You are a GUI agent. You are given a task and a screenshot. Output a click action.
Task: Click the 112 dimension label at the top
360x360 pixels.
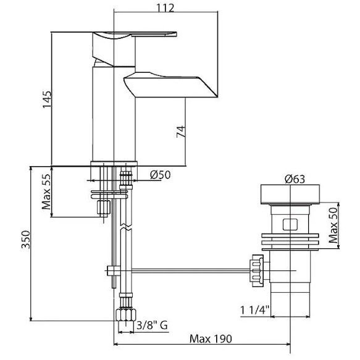(165, 8)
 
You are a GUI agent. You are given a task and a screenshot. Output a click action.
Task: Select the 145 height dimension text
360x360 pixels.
(47, 99)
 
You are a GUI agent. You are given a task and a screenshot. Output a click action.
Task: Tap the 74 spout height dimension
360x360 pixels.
(181, 132)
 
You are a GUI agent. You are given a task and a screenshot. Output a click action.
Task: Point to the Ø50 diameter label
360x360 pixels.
(161, 175)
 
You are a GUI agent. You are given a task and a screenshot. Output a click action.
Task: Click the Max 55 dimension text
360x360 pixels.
(46, 191)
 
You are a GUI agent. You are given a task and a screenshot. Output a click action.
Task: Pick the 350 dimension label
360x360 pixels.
(26, 240)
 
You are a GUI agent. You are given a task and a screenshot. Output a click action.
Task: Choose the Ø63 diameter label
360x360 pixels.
(295, 179)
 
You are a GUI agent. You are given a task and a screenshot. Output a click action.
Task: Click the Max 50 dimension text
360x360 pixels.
(333, 225)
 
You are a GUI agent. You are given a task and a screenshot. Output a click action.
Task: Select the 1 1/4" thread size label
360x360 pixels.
(254, 310)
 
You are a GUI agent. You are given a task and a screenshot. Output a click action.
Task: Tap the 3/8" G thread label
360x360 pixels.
(152, 325)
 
